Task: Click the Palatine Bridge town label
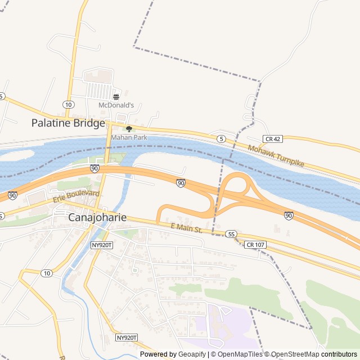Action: (68, 123)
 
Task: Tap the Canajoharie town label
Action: (97, 217)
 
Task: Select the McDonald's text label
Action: (116, 105)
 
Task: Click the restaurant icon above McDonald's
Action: (116, 96)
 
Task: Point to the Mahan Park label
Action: (129, 137)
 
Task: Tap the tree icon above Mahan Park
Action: (129, 129)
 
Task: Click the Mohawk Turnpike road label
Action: (276, 156)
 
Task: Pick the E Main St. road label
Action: (186, 227)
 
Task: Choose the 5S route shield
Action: (231, 233)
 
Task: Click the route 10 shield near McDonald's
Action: (68, 105)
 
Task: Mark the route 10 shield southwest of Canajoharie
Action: (47, 273)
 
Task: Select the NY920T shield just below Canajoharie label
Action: (102, 245)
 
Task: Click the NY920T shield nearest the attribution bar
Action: (126, 337)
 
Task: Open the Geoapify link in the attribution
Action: (192, 354)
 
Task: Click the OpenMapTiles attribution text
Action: (238, 354)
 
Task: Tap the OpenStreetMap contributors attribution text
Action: (314, 354)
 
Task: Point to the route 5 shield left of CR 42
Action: (222, 138)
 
